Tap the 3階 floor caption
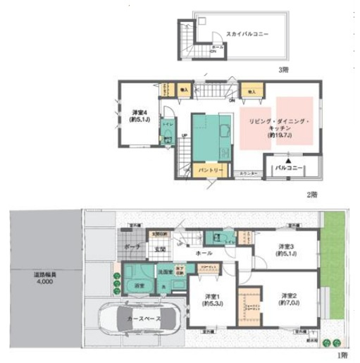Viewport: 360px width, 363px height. pyautogui.click(x=283, y=69)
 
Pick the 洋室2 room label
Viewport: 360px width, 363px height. pyautogui.click(x=290, y=299)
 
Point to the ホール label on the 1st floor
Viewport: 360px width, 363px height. pyautogui.click(x=204, y=252)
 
